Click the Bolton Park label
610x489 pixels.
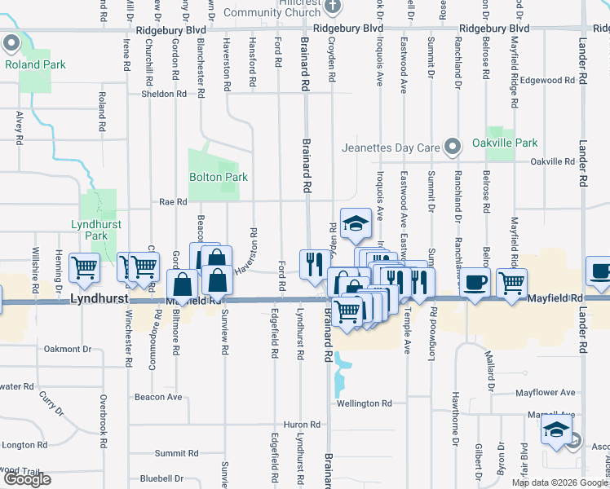pos(218,177)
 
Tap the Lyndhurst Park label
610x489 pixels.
pos(90,230)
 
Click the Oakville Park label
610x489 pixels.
pos(505,142)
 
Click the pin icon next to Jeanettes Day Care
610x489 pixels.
pos(451,148)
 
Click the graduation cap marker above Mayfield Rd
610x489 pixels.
pos(356,224)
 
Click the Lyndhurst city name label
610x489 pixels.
pos(99,300)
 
